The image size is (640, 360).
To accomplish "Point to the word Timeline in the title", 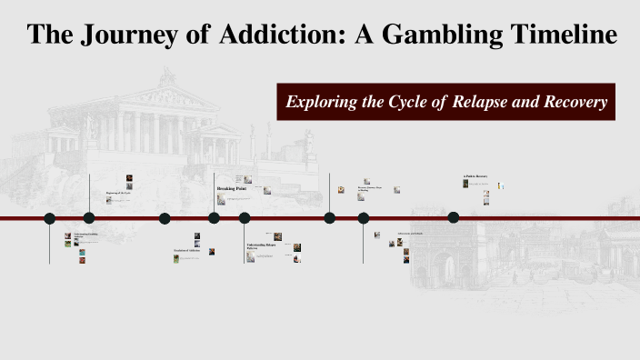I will coord(557,35).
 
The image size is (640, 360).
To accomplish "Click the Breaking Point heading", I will coord(231,188).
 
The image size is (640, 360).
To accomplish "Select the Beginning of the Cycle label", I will coord(119,193).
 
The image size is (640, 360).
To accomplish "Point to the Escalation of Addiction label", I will coord(187,250).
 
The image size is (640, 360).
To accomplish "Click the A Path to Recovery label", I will coord(475,176).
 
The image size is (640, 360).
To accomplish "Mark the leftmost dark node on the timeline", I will coord(50,218).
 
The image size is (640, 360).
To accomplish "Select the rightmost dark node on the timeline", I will coord(454,217).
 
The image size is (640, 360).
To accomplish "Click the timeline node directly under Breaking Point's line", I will coord(214,218).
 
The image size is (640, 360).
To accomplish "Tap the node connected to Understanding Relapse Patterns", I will coord(245,218).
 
